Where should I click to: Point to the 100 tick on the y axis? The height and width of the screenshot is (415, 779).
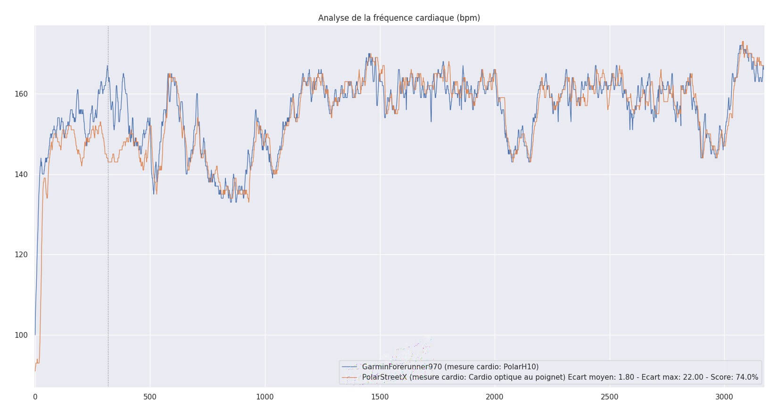pos(22,335)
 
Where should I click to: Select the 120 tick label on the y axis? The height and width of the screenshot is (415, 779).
pos(22,255)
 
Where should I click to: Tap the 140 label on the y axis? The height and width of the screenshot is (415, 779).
pos(22,175)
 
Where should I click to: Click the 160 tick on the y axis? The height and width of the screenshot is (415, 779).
pos(22,94)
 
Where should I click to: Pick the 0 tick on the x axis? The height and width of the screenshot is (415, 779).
pos(35,397)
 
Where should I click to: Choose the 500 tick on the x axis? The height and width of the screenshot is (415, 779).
pos(150,397)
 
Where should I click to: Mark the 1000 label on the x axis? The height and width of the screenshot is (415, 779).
pos(265,397)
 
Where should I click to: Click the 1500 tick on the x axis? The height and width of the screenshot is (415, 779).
pos(380,397)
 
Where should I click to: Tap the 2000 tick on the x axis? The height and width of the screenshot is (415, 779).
pos(495,397)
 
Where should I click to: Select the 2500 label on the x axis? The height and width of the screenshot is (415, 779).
pos(610,397)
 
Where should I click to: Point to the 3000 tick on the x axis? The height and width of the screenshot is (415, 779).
pos(724,397)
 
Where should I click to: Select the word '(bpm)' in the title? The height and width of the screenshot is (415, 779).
pos(468,18)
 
